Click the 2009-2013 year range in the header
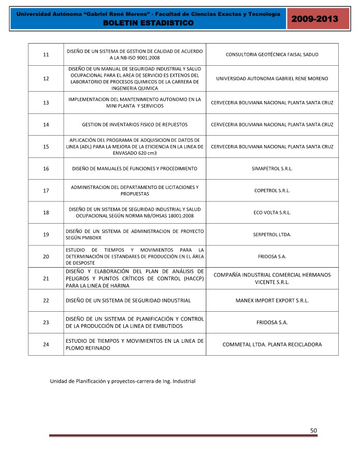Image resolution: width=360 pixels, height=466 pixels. coord(316,19)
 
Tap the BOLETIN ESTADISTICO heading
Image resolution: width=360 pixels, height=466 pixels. coord(148,23)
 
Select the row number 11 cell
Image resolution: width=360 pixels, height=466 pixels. coord(46,54)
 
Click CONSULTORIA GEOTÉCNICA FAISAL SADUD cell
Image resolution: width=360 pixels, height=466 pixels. coord(272,54)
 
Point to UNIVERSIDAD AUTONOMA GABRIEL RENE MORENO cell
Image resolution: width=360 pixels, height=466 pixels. coord(272,78)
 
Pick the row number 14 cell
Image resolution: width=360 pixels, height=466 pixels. coord(46,125)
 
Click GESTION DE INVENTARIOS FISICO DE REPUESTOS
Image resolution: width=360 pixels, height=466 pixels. coord(135,125)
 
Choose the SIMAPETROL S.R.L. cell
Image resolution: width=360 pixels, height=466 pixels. coord(272,169)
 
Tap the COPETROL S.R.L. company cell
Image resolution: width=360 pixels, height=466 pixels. coord(272,191)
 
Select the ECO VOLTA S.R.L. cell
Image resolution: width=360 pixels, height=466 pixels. coord(272,212)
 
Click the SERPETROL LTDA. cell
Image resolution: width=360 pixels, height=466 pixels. coord(272,235)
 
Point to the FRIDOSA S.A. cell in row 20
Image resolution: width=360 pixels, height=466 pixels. coord(272,256)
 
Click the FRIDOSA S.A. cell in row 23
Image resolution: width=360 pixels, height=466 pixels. coord(272,323)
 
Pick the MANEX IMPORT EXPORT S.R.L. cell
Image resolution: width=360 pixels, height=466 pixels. coord(272,300)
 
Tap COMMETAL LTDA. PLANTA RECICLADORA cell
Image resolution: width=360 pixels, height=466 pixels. coord(272,344)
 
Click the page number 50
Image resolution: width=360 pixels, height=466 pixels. coord(313,430)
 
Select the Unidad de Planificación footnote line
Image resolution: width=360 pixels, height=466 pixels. coord(122,381)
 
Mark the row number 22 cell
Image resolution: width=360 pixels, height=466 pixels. coord(46,300)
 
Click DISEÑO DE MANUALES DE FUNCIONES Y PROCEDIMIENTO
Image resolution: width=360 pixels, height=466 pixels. coord(135,169)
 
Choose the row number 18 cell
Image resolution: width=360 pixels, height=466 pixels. coord(46,212)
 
